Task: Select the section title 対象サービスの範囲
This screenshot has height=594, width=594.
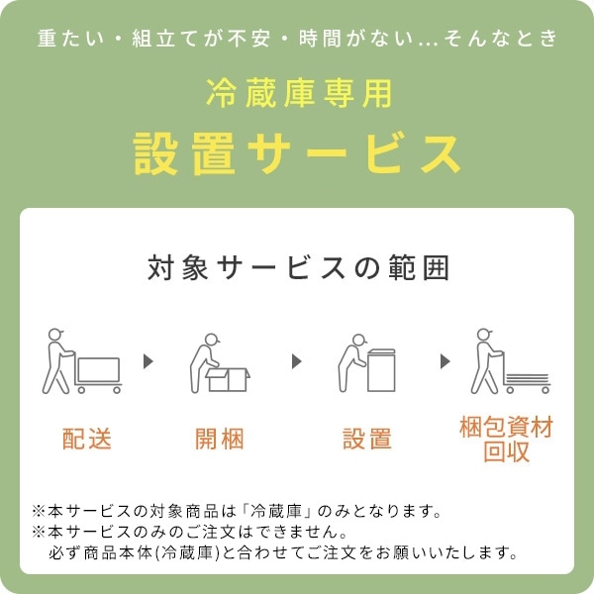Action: (297, 268)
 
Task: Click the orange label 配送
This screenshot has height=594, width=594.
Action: (86, 440)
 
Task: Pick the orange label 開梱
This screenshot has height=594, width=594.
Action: (220, 440)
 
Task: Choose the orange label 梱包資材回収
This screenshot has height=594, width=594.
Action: (506, 440)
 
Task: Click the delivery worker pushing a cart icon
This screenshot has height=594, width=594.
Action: (84, 360)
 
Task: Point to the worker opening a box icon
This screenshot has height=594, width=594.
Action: (220, 362)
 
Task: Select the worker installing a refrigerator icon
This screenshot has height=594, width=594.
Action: (367, 362)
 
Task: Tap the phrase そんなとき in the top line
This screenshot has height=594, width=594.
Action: (508, 39)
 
